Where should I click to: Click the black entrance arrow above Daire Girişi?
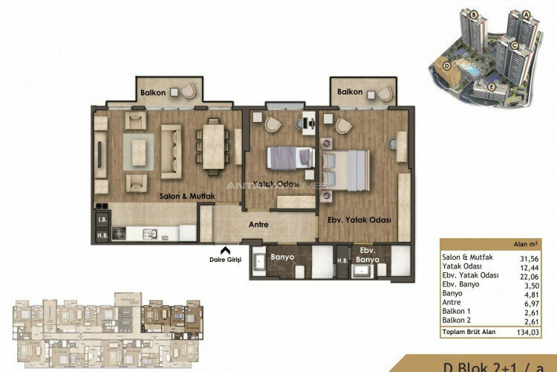224,250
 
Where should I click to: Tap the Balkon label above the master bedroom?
349,92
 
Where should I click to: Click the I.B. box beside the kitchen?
101,219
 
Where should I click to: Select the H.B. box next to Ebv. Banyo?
342,260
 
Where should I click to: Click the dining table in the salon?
212,140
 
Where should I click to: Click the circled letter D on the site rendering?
446,65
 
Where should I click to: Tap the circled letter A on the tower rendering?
525,14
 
